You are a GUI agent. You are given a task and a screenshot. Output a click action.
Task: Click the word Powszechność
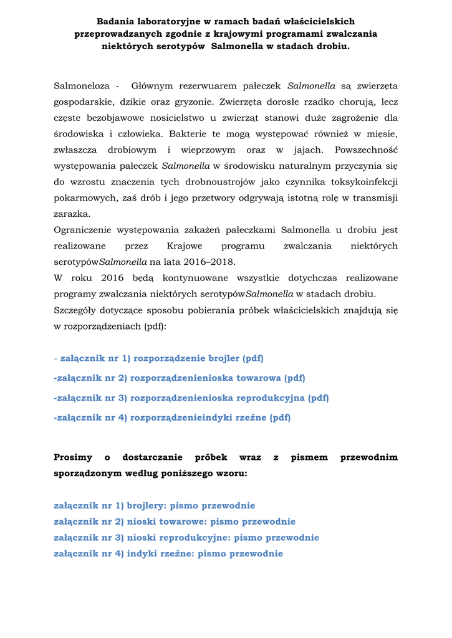tap(366, 150)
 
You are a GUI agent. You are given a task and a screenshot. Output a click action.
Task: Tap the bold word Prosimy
tap(73, 458)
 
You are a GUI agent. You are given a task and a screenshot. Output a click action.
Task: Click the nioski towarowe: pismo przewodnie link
tap(175, 522)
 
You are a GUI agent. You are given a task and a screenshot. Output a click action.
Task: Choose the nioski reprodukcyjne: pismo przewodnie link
tap(186, 538)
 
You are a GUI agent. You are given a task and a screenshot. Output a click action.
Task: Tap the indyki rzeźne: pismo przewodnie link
tap(168, 554)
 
